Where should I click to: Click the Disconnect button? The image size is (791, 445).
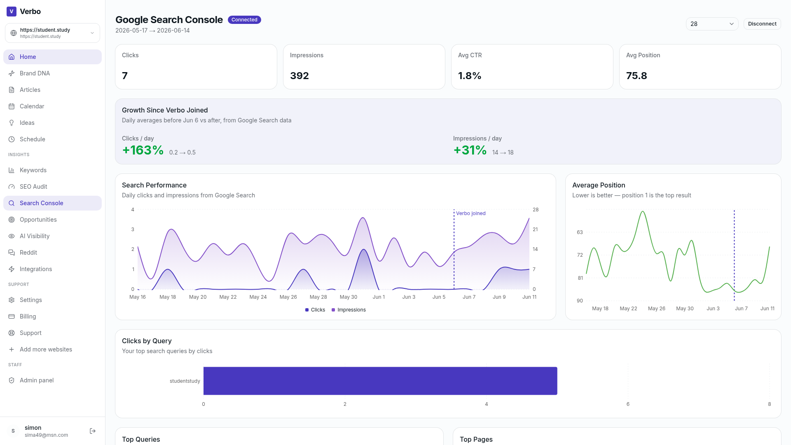(762, 24)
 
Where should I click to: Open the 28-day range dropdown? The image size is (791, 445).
(712, 24)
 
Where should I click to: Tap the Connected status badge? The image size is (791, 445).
(244, 20)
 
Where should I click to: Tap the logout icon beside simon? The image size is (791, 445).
(93, 431)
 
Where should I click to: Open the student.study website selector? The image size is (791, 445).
(52, 33)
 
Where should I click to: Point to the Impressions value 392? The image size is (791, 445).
(300, 76)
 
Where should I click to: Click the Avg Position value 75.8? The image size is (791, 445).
(637, 76)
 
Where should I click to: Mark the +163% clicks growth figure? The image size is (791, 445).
(143, 150)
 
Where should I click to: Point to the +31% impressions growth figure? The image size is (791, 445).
(470, 150)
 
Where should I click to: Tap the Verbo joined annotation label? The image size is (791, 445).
(471, 213)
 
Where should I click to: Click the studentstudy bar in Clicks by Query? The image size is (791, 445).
(380, 381)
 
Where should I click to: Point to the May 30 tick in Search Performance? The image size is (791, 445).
(349, 297)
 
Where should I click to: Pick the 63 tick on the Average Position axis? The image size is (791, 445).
(580, 232)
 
